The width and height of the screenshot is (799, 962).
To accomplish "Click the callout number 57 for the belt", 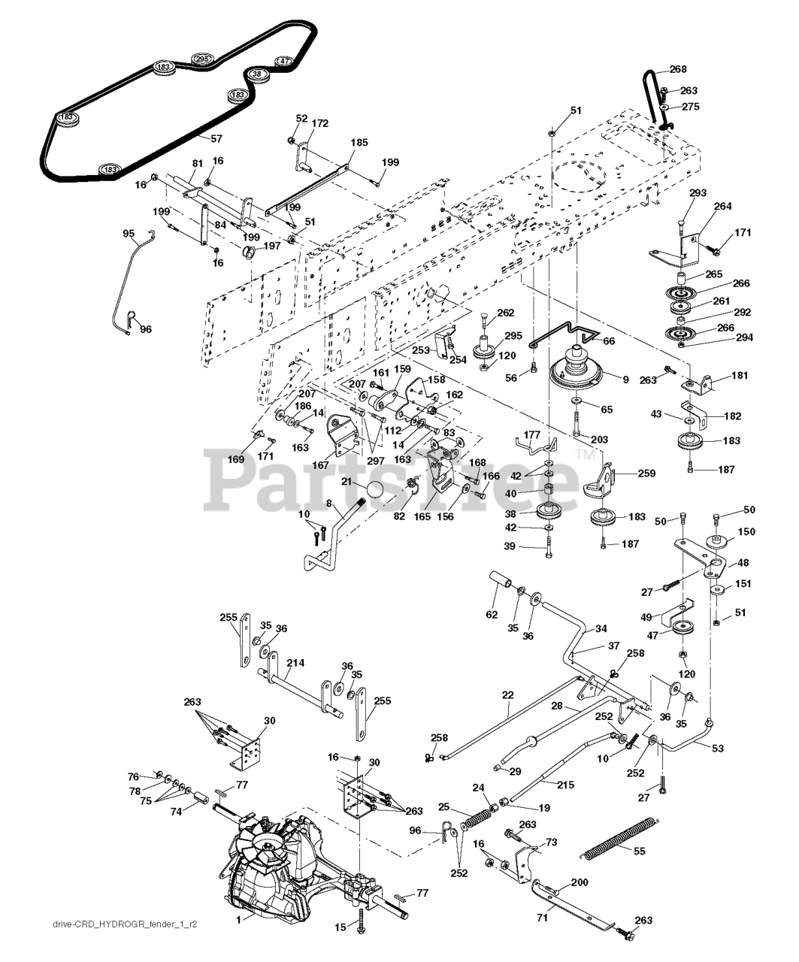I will pyautogui.click(x=216, y=138).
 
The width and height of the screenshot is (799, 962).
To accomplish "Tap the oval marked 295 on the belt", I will pyautogui.click(x=201, y=59).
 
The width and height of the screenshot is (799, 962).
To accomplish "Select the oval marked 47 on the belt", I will pyautogui.click(x=283, y=61).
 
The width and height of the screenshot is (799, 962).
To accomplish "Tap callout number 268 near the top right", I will pyautogui.click(x=678, y=70).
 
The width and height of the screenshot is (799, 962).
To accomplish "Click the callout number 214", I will pyautogui.click(x=296, y=663).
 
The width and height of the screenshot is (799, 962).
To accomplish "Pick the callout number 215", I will pyautogui.click(x=566, y=785).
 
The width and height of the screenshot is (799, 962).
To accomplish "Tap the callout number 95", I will pyautogui.click(x=129, y=234).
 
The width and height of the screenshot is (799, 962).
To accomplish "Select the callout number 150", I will pyautogui.click(x=746, y=532).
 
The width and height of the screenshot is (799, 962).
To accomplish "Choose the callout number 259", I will pyautogui.click(x=646, y=473).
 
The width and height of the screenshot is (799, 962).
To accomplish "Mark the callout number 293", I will pyautogui.click(x=698, y=193).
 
